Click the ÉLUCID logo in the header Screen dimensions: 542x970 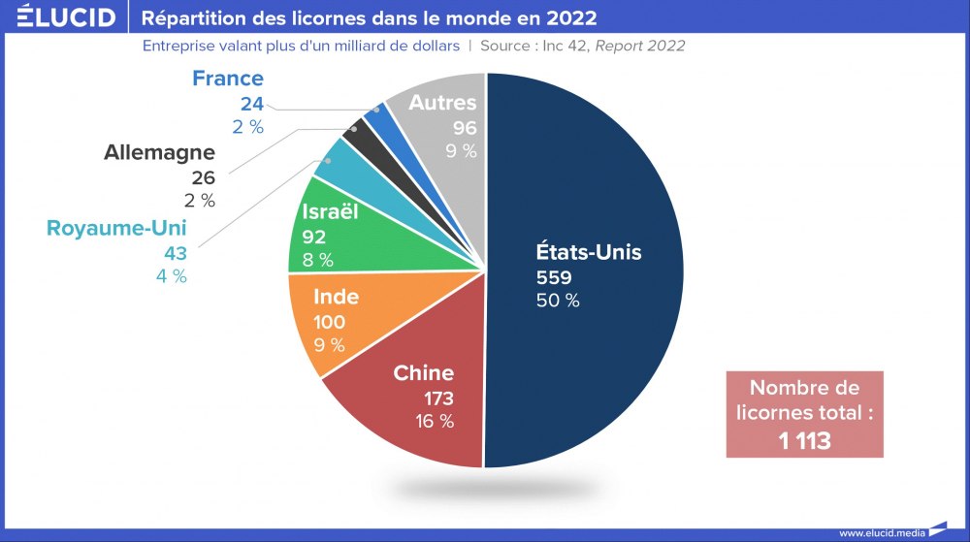66,17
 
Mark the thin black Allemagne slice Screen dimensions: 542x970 355,136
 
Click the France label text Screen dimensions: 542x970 228,79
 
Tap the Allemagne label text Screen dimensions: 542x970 160,153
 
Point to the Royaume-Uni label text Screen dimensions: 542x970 116,229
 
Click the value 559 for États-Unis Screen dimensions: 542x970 556,277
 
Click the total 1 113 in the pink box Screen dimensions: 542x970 804,440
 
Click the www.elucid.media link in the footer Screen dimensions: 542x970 881,532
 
